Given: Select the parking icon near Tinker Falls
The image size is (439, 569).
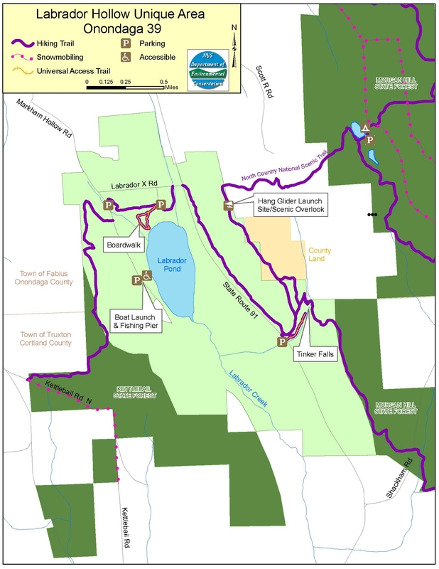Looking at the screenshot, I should pyautogui.click(x=282, y=341).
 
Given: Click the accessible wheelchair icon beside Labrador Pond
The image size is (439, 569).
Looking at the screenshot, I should pyautogui.click(x=148, y=276).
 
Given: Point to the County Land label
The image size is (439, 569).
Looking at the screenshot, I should pyautogui.click(x=320, y=255).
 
